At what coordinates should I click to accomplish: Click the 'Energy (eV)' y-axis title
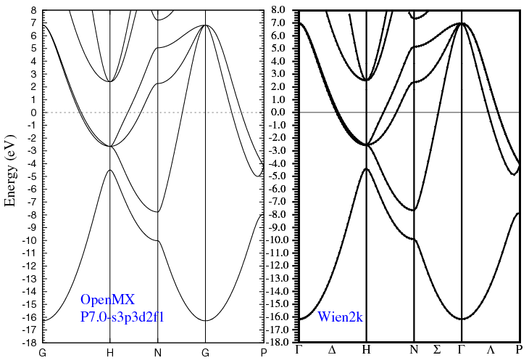click(x=11, y=171)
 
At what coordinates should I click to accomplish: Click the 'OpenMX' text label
click(x=108, y=299)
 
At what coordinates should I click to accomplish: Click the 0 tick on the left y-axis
click(x=34, y=113)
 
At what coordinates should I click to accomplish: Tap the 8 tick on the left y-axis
click(x=34, y=11)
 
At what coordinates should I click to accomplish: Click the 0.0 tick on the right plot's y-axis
click(x=282, y=113)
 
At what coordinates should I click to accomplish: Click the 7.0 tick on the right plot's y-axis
click(x=282, y=23)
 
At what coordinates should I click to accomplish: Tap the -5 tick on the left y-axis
click(x=33, y=176)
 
